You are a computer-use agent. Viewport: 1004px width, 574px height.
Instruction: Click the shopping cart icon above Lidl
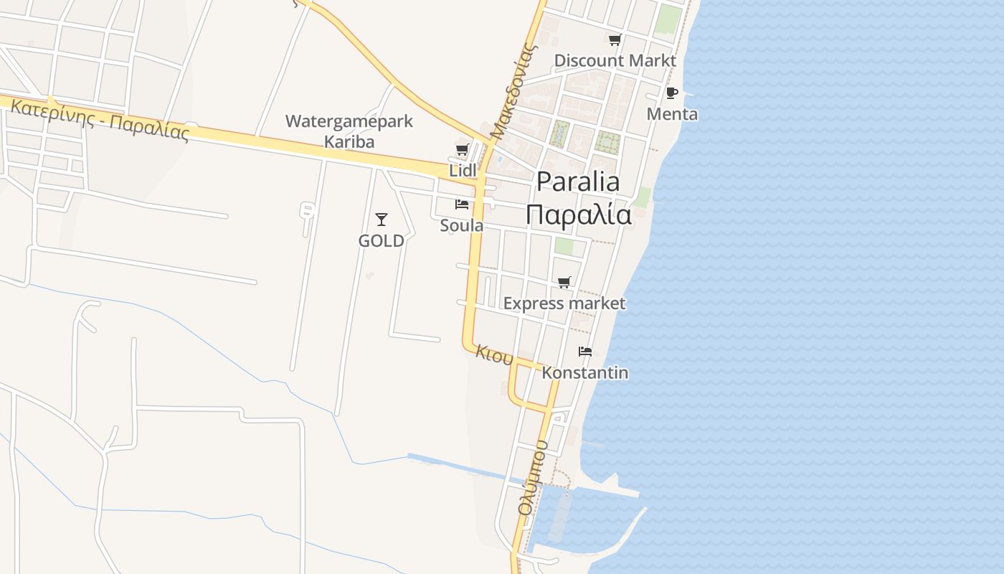click(462, 150)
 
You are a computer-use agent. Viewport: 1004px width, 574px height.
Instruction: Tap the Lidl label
click(463, 171)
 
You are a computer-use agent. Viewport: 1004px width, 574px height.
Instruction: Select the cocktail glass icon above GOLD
click(382, 219)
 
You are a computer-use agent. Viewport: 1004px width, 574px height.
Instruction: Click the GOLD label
click(382, 241)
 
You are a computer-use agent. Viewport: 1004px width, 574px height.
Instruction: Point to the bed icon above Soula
click(462, 204)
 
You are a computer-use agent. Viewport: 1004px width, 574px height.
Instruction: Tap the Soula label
click(462, 226)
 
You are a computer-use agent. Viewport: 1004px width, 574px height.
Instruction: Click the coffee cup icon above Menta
click(672, 93)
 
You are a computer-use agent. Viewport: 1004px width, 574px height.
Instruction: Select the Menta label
click(672, 114)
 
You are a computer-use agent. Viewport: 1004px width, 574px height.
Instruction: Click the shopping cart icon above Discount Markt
click(615, 40)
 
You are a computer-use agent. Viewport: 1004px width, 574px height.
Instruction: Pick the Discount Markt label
click(615, 61)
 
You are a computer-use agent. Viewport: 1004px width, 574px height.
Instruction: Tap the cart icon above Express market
click(564, 283)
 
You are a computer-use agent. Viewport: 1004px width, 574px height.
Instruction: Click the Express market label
click(564, 304)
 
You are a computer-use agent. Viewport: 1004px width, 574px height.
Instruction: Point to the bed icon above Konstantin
click(585, 352)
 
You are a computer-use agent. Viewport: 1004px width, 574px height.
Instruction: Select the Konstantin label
click(585, 373)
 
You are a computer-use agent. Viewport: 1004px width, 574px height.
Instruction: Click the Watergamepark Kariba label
click(349, 131)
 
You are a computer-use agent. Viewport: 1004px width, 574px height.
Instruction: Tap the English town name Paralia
click(578, 182)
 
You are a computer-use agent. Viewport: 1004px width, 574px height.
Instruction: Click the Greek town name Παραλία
click(578, 215)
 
